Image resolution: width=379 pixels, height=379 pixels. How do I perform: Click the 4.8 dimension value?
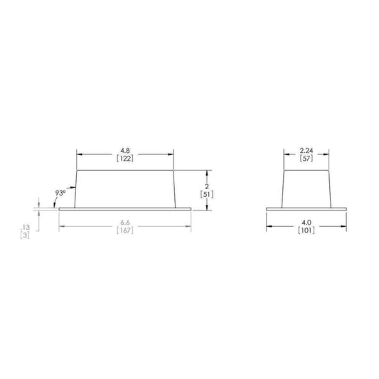125,150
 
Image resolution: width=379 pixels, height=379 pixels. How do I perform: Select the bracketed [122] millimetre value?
125,159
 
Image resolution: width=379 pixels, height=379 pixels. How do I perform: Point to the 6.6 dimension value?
125,221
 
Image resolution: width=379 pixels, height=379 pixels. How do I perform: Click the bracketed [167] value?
125,230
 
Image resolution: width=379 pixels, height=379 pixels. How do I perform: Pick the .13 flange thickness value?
25,227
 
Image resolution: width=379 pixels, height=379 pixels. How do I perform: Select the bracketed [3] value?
25,235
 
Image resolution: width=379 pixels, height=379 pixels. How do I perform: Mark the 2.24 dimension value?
307,150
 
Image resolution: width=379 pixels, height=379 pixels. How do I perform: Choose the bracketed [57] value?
307,159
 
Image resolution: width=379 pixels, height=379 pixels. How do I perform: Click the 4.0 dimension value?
307,221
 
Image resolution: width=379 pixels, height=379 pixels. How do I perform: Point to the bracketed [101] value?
307,230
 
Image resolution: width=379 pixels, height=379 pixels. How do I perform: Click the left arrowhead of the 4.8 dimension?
79,154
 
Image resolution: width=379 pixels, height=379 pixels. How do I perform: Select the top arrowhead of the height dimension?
206,172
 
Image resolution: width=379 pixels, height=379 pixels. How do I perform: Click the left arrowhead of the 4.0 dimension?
269,225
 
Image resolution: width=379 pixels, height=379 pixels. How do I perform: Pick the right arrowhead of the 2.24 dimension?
328,154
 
